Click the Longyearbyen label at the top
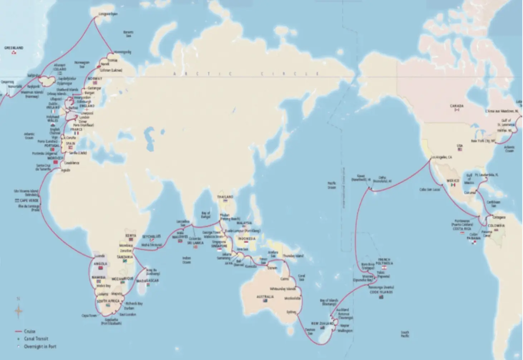coord(108,14)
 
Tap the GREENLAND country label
coord(14,48)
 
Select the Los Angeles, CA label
coord(441,157)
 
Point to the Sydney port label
coord(291,312)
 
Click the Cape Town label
coord(89,316)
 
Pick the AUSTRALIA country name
coord(265,297)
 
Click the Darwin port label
coord(272,268)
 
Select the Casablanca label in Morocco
coord(72,163)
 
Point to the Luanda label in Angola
coord(100,256)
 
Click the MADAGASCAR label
coord(147,281)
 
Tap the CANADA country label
coord(456,106)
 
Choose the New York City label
coord(483,141)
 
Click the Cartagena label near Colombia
coord(499,217)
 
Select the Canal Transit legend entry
coord(36,339)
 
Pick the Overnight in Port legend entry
coord(40,346)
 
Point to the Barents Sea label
coord(128,34)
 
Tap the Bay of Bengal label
coord(206,215)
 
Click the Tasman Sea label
coord(310,331)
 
